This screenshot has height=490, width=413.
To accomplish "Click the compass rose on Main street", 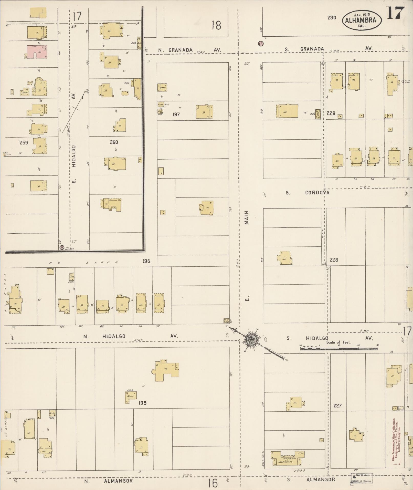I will pos(250,340).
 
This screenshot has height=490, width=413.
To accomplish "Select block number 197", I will pos(176,114).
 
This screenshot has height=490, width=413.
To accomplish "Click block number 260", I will pos(114,142).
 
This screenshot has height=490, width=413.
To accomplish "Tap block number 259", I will pos(24,142).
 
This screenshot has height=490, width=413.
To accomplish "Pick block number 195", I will pos(142,403).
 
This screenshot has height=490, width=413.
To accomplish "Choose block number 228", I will pos(334,260).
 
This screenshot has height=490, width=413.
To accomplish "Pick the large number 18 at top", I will pos(216,26).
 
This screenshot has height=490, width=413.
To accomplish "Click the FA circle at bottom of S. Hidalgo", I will pos(62,247).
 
